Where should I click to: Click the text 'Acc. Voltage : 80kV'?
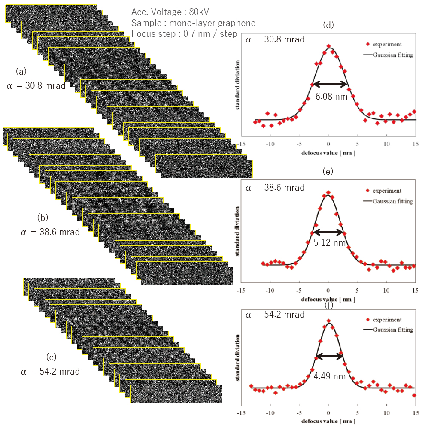[x=164, y=12]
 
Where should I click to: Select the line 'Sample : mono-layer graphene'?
[x=193, y=23]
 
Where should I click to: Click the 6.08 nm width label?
[x=331, y=97]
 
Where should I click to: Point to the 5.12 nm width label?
[x=330, y=243]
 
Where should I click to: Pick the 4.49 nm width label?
[x=329, y=376]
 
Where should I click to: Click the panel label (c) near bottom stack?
[x=51, y=357]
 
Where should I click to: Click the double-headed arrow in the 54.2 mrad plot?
[x=329, y=356]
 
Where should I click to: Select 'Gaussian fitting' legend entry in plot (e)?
[x=392, y=201]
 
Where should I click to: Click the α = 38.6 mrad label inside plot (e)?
[x=275, y=188]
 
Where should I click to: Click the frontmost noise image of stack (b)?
[x=187, y=276]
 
